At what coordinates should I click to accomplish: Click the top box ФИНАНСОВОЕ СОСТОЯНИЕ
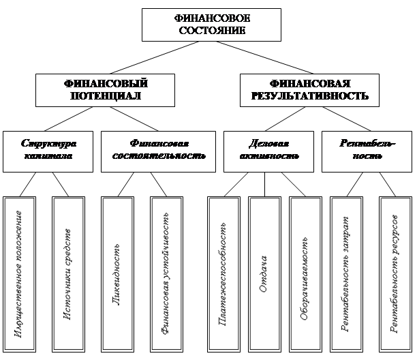tap(211, 25)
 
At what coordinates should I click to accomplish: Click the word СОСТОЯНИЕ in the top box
tap(211, 31)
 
